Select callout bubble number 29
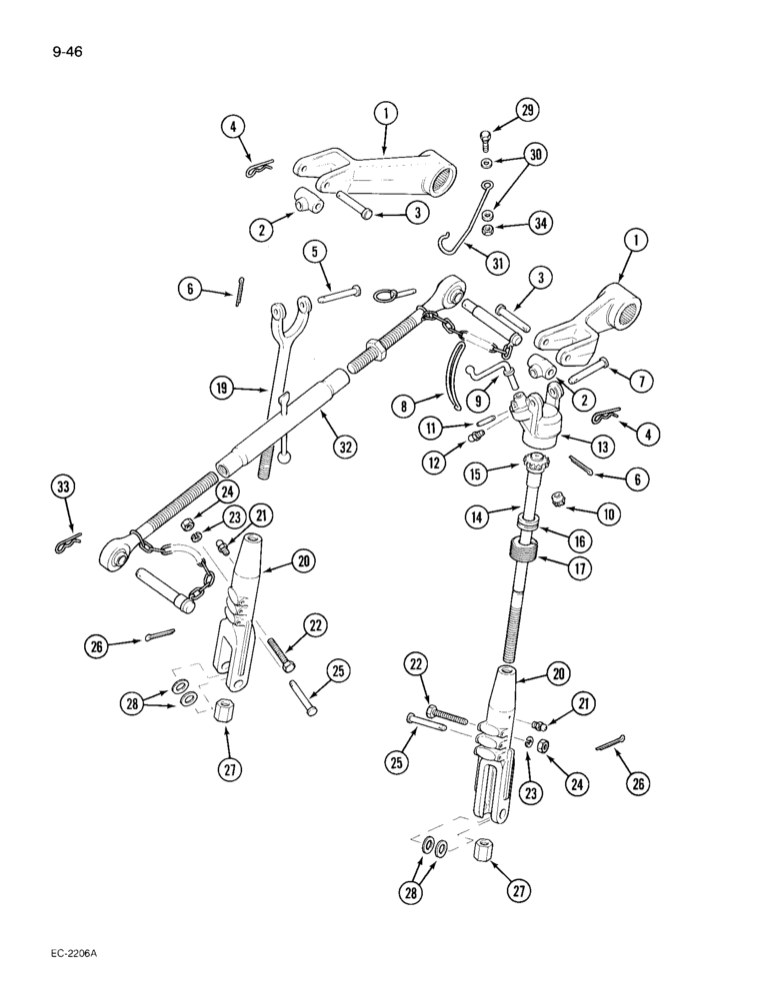click(526, 111)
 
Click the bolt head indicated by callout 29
click(485, 137)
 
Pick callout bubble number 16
click(577, 539)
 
